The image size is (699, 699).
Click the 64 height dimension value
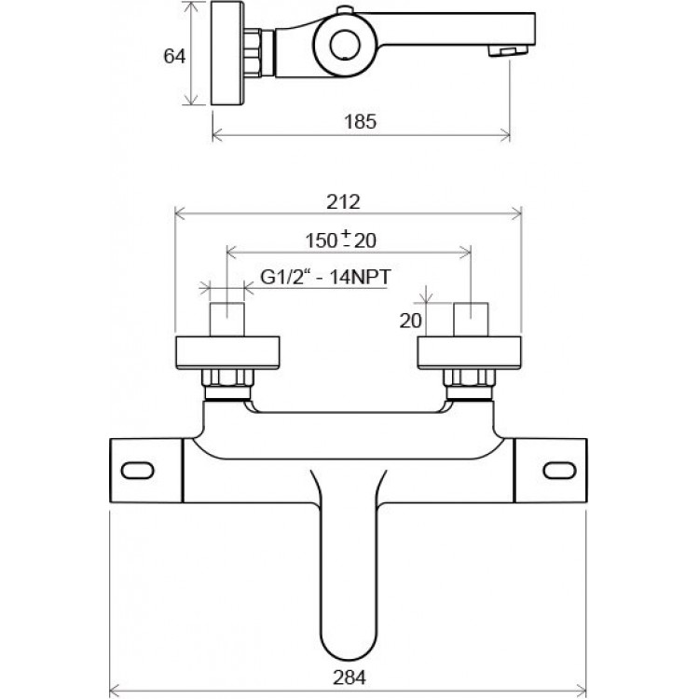point(174,56)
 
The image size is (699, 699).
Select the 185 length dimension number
point(360,121)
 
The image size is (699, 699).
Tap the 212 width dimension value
point(343,202)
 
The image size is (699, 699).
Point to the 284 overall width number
point(349,678)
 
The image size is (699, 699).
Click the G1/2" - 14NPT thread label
point(325,277)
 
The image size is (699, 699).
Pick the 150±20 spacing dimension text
point(340,240)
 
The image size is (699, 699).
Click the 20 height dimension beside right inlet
point(410,321)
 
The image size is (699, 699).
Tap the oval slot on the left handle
point(137,471)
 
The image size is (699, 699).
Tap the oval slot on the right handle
point(559,471)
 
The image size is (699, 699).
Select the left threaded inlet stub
point(226,319)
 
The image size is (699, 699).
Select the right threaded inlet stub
point(471,319)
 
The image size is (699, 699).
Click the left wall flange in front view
point(227,353)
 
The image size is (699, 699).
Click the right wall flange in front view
point(469,353)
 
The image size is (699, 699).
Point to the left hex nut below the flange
point(227,377)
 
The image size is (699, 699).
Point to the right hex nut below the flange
point(470,377)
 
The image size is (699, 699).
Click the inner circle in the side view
point(346,45)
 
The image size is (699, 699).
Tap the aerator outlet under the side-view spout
point(508,50)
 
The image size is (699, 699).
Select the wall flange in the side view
point(227,53)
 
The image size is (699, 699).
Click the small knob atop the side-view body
point(344,10)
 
